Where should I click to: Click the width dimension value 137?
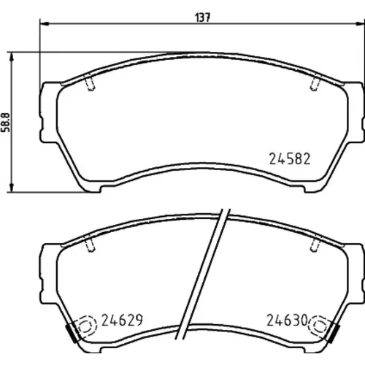click(203, 18)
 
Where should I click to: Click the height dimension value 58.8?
click(5, 123)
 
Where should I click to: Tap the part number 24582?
click(290, 159)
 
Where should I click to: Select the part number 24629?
click(122, 320)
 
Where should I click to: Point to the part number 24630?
click(288, 320)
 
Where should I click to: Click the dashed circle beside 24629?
click(86, 326)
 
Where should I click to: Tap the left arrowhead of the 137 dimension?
click(45, 23)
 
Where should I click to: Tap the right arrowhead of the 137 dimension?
click(360, 23)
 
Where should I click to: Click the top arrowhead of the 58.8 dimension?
click(11, 57)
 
